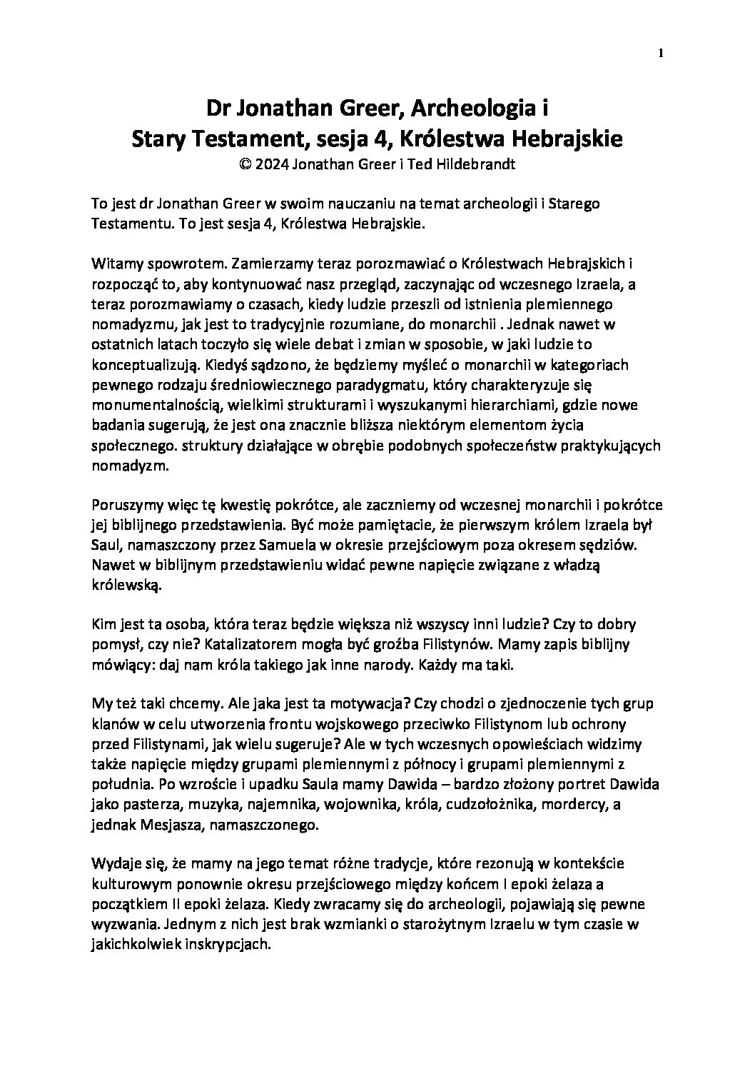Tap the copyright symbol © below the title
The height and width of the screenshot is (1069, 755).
pos(246,164)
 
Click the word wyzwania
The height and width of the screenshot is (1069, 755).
pos(121,923)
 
